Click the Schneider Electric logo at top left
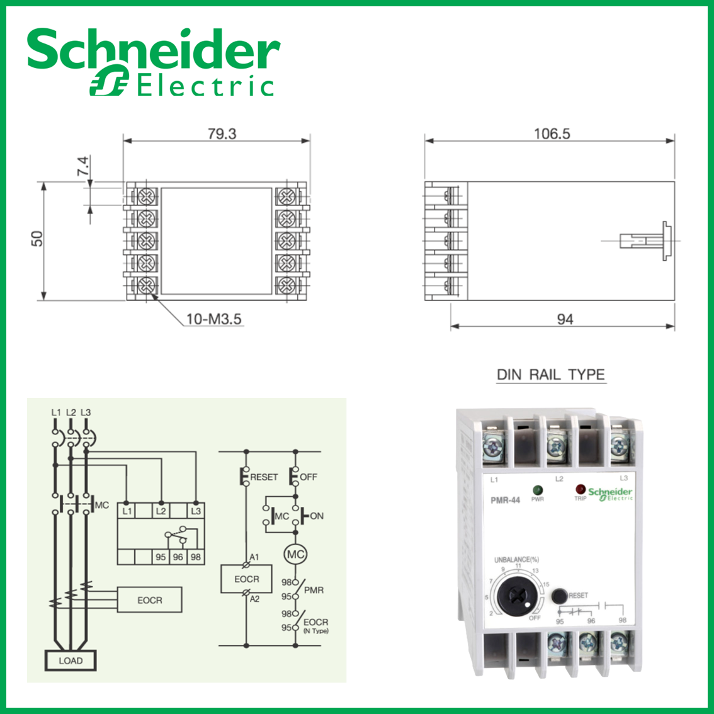coord(152,62)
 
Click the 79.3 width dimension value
coord(222,134)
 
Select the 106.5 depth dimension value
coord(552,133)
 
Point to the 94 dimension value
coord(565,319)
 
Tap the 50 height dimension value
coord(38,239)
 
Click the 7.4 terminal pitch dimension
coord(83,166)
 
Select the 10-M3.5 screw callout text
coord(213,319)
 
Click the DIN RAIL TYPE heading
coord(550,375)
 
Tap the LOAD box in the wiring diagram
coord(71,660)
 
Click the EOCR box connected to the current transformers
coord(150,600)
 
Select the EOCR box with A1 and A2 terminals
coord(246,579)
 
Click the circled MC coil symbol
coord(295,555)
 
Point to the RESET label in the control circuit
coord(263,477)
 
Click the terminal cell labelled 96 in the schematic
coord(178,557)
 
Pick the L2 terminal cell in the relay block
coord(161,511)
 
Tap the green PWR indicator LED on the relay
coord(538,490)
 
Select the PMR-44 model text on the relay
coord(505,501)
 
